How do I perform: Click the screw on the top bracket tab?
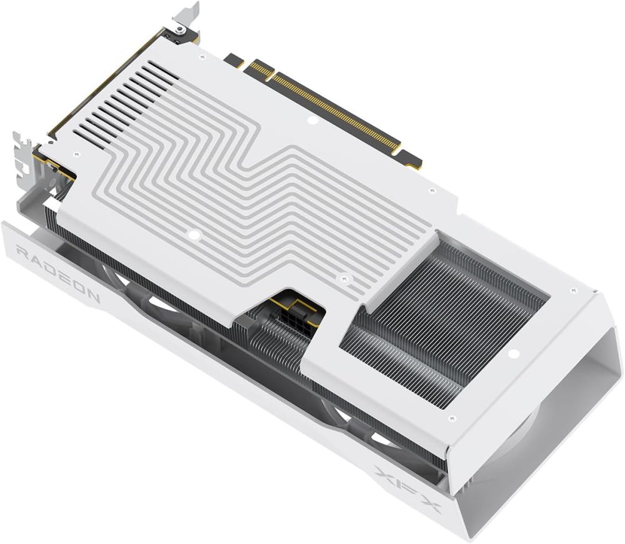[x=180, y=29]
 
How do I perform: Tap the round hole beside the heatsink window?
[x=514, y=354]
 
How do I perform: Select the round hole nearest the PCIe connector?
[x=314, y=118]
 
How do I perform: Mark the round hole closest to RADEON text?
[x=194, y=235]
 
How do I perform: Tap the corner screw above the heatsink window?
[x=574, y=289]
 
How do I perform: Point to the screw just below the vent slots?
[x=77, y=153]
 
